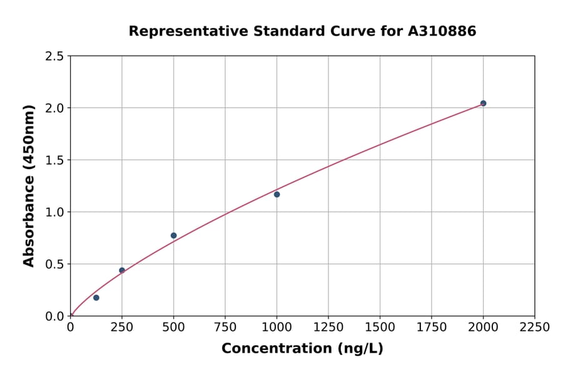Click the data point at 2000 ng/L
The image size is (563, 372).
(483, 103)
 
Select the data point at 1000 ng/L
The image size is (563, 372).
(276, 194)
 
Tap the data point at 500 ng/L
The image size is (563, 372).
(173, 235)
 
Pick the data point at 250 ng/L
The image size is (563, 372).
(122, 271)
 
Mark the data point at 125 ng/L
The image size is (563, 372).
(96, 297)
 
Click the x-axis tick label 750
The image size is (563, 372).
(225, 328)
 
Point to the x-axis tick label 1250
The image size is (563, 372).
(328, 328)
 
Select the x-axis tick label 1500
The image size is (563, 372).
(380, 328)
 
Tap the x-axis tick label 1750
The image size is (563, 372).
(432, 328)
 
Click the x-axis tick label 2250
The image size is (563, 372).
(535, 328)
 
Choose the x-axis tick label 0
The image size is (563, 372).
(71, 328)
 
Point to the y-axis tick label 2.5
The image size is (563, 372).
(54, 56)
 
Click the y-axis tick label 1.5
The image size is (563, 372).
(54, 160)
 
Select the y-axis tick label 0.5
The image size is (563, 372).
(54, 264)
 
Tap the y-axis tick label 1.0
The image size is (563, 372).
(54, 212)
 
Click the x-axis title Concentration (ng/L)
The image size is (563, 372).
(302, 349)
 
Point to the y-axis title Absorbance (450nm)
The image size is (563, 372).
(29, 186)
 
